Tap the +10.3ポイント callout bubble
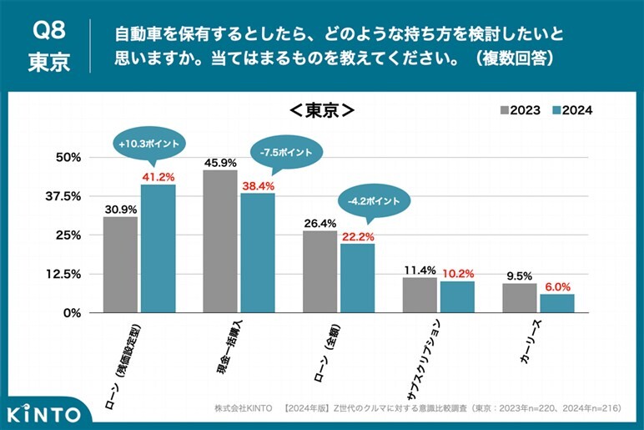pyautogui.click(x=149, y=144)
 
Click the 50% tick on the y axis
pyautogui.click(x=68, y=157)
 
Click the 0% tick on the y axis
pyautogui.click(x=72, y=312)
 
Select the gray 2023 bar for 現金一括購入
pyautogui.click(x=220, y=241)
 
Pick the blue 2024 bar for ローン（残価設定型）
pyautogui.click(x=158, y=248)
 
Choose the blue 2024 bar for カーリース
pyautogui.click(x=557, y=303)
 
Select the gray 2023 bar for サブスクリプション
pyautogui.click(x=420, y=295)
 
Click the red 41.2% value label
pyautogui.click(x=158, y=177)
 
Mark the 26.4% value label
pyautogui.click(x=320, y=223)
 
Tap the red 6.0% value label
pyautogui.click(x=557, y=286)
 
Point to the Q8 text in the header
pyautogui.click(x=48, y=31)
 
